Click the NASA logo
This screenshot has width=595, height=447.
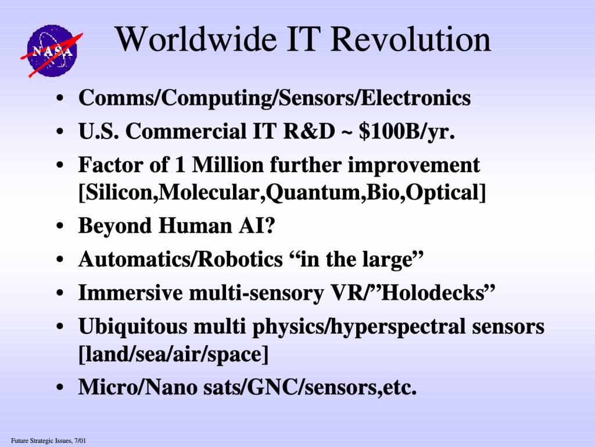tap(52, 51)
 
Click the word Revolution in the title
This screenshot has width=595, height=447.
tap(411, 39)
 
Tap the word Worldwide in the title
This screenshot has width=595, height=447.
tap(196, 39)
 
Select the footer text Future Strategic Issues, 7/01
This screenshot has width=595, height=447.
tap(49, 441)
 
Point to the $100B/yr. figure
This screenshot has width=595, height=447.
tap(407, 132)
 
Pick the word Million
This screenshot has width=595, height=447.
tap(228, 165)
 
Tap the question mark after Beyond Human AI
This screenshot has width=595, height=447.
tap(269, 225)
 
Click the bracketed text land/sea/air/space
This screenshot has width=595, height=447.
tap(173, 354)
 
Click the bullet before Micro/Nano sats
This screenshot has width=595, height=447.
tap(60, 388)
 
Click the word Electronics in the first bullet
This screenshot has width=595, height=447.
tap(415, 98)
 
